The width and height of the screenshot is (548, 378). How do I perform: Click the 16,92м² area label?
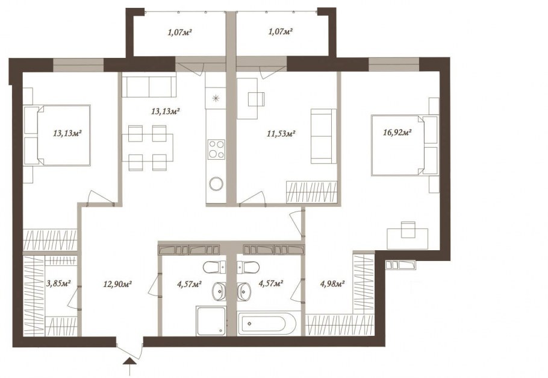coord(397,132)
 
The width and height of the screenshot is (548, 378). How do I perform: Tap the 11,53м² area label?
coord(282,133)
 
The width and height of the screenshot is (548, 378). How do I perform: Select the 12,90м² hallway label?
coord(117,284)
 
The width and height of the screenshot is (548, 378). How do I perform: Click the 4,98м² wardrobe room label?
coord(332,283)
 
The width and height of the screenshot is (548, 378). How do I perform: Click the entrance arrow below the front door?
coord(129,366)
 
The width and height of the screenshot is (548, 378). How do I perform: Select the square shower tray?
coord(211,321)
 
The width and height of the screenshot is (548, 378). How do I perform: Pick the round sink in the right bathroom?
coord(243,292)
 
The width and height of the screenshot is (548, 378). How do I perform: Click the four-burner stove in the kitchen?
coord(216,149)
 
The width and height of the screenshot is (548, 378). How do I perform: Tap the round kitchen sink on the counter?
coord(216,184)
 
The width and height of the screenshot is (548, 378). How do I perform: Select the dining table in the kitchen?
coord(148,147)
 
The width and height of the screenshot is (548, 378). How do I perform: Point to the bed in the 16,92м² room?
coord(405,145)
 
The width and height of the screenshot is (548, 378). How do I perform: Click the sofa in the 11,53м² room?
coord(323,136)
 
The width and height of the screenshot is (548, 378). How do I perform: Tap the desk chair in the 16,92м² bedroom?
coord(408,229)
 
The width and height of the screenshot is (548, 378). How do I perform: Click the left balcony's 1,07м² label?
coord(180,33)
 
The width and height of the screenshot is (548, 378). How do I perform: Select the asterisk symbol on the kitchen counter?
coord(216,98)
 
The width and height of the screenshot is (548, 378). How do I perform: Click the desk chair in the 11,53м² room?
coord(257,99)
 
